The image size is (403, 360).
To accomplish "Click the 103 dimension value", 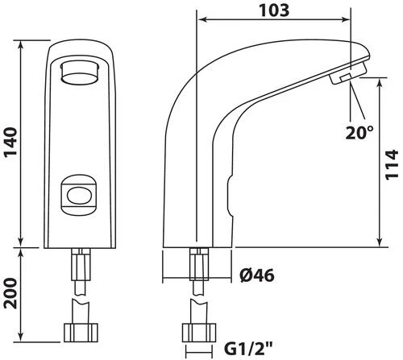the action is pyautogui.click(x=274, y=10).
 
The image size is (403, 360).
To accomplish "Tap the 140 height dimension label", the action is pyautogui.click(x=10, y=143).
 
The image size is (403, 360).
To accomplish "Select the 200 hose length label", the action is pyautogui.click(x=10, y=293).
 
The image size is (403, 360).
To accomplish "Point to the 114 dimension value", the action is pyautogui.click(x=391, y=165).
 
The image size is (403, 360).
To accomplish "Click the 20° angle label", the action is pyautogui.click(x=359, y=132).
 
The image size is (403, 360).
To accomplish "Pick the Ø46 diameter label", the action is pyautogui.click(x=257, y=275).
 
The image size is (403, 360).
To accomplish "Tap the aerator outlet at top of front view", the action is pyautogui.click(x=80, y=72).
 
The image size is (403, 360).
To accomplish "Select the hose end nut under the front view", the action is pyautogui.click(x=81, y=333).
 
